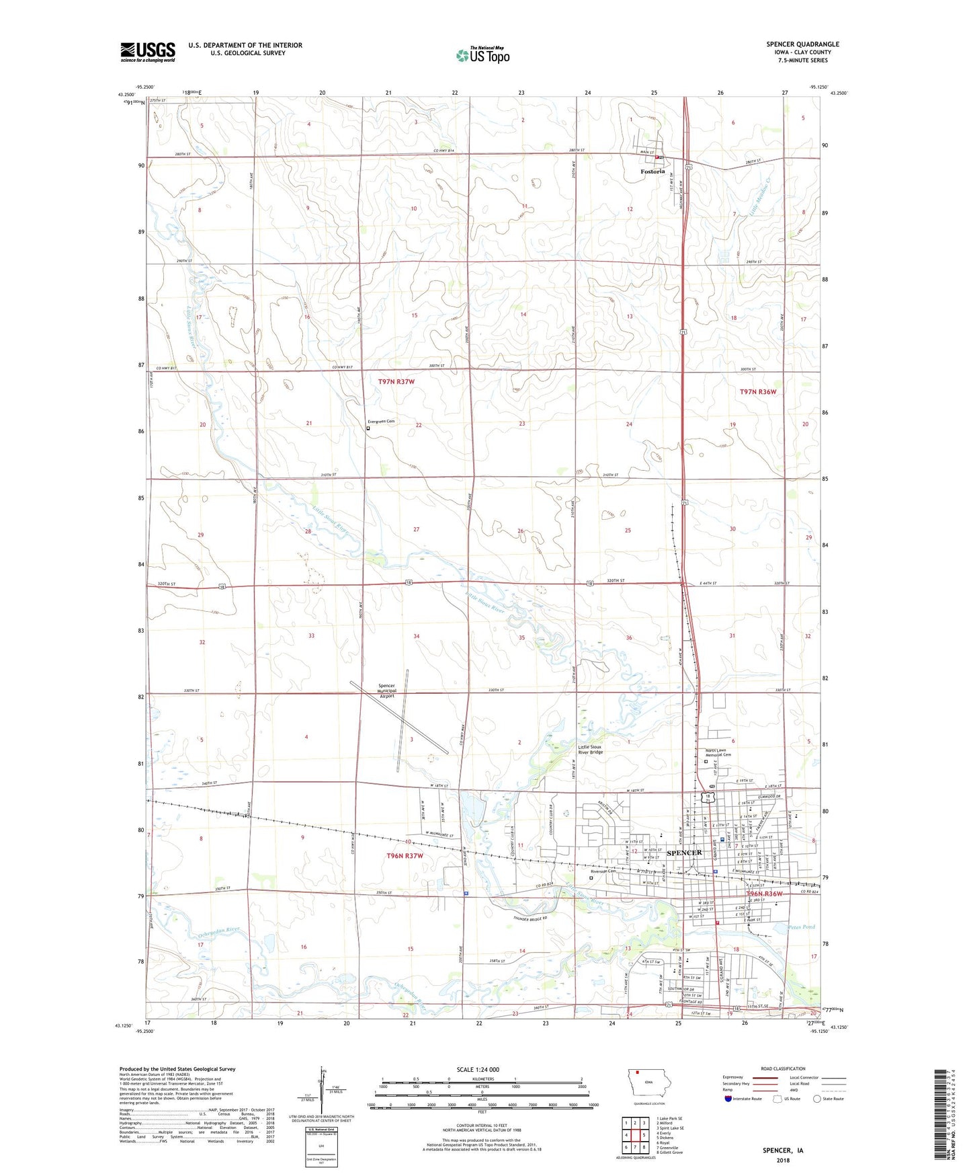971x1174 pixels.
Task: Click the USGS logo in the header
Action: [x=147, y=52]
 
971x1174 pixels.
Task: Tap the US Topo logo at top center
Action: [x=482, y=55]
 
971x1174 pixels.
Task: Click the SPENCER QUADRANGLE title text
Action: [x=802, y=44]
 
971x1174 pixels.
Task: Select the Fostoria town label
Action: [x=652, y=171]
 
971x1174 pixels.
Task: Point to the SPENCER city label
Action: [x=683, y=853]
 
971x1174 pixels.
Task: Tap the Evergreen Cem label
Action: [x=380, y=422]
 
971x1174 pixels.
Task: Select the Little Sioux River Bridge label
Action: [x=591, y=749]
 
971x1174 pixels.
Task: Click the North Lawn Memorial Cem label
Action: [x=718, y=754]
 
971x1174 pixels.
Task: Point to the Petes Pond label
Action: [x=801, y=927]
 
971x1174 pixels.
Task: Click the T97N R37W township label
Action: [x=396, y=382]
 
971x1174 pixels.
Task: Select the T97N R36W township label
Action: [x=757, y=391]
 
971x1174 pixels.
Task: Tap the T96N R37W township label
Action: [x=405, y=856]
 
